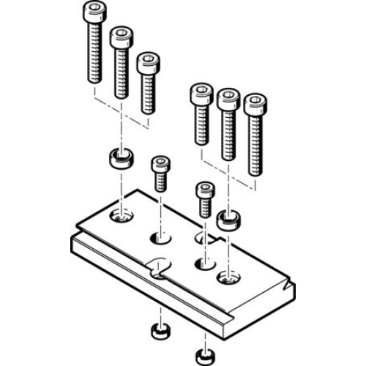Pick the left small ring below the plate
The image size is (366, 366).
pyautogui.click(x=159, y=332)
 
